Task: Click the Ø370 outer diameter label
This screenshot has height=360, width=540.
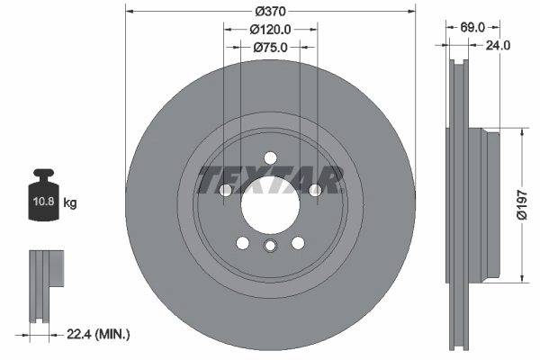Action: click(270, 11)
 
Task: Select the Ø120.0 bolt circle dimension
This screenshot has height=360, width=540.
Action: click(270, 29)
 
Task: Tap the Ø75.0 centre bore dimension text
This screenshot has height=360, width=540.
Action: click(270, 48)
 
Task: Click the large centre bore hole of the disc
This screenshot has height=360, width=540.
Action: click(270, 203)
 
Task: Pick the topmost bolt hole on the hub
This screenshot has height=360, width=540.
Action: click(270, 157)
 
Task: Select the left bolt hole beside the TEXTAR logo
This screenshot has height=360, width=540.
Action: click(226, 190)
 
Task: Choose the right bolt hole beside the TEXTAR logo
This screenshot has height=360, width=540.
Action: click(314, 190)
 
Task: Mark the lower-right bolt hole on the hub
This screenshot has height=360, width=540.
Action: click(297, 241)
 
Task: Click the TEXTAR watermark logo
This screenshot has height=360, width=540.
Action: click(270, 180)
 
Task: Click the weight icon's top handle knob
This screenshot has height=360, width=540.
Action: click(43, 174)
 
